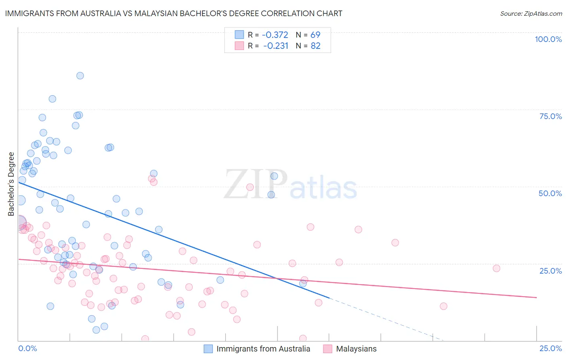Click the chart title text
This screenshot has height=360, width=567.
(173, 13)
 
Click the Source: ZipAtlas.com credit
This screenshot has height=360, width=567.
(531, 13)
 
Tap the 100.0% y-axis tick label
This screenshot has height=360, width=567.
(548, 39)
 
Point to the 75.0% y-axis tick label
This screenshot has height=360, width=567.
(550, 116)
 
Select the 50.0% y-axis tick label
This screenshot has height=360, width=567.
(550, 193)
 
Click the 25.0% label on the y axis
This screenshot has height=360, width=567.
(550, 270)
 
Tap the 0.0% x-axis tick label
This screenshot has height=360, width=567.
(27, 348)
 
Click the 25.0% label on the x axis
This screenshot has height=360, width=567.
(550, 348)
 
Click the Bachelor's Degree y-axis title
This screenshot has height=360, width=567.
(11, 184)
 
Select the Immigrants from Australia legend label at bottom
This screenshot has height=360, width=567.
(263, 349)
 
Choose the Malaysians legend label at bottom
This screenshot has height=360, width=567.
(356, 349)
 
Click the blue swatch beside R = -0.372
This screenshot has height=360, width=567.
(240, 35)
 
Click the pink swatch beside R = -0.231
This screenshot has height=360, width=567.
(240, 46)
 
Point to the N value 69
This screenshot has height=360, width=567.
(315, 35)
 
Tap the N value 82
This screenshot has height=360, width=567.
(315, 46)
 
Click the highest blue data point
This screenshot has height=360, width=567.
(80, 76)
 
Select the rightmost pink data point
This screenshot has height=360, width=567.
(496, 268)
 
